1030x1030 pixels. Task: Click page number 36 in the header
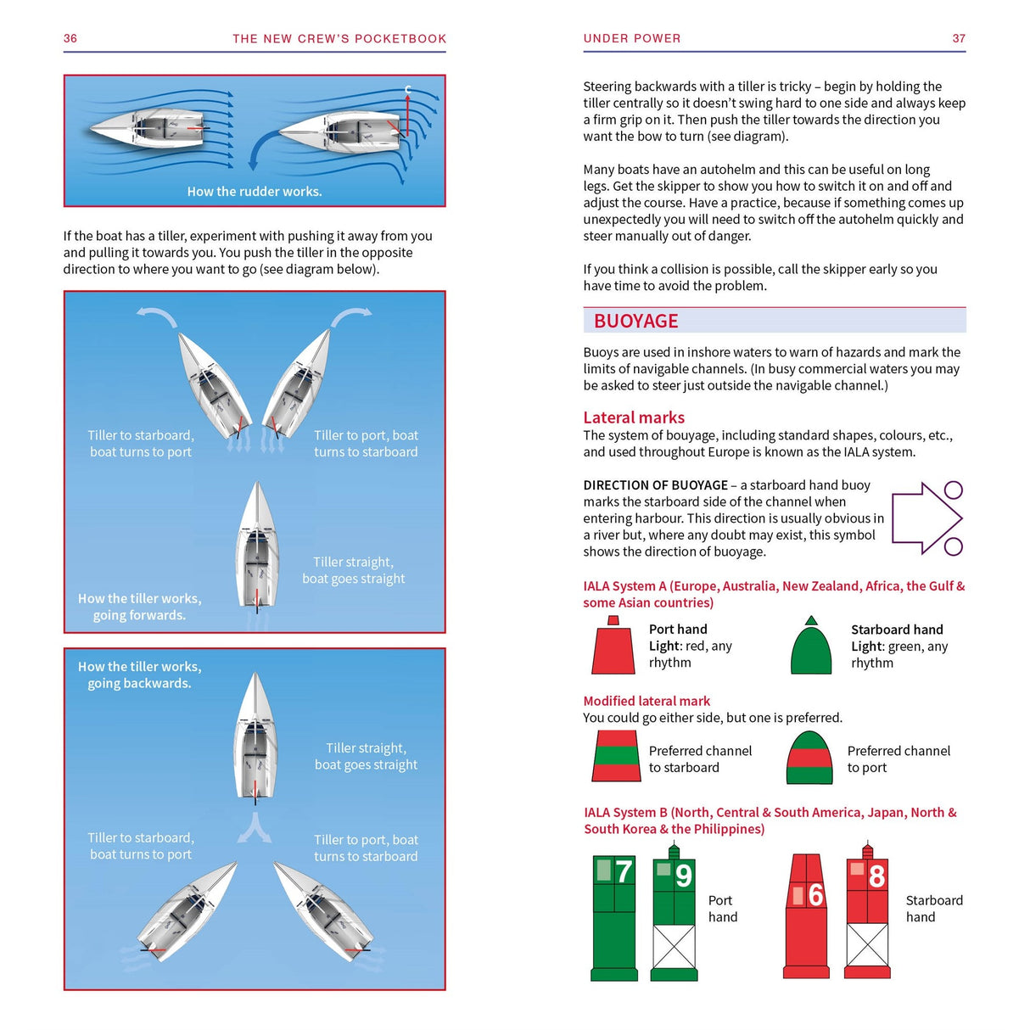70,38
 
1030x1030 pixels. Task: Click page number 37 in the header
959,38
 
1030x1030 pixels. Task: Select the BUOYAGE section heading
635,321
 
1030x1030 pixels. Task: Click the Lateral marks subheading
633,417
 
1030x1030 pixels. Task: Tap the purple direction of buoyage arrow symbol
926,518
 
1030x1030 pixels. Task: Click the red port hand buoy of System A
613,647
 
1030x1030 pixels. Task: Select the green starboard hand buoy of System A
811,647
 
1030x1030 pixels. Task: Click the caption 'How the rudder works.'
255,192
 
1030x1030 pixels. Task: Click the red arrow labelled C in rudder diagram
407,115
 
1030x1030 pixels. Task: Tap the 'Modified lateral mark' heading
647,701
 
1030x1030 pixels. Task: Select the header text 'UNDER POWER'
632,38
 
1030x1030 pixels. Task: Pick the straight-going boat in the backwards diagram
255,737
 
